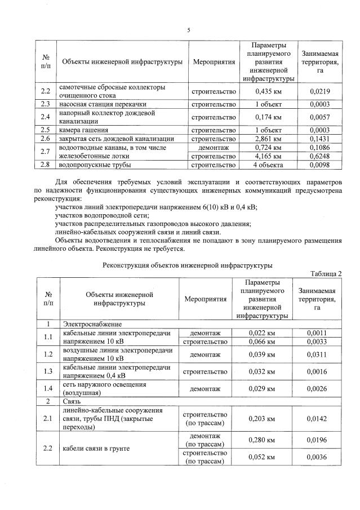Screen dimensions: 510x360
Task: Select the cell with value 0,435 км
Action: (x=268, y=91)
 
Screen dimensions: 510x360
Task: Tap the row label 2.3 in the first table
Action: (x=46, y=104)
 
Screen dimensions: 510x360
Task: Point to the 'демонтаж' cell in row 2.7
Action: (x=214, y=147)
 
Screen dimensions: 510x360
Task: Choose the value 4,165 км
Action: (x=268, y=156)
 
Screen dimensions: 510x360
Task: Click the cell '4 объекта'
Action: (x=268, y=165)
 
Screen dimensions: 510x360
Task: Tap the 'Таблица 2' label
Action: (x=326, y=274)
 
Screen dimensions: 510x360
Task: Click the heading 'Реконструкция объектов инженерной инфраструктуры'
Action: (x=188, y=264)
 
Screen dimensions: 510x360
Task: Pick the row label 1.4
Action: (x=48, y=388)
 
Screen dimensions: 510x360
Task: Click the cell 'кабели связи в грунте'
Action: (x=96, y=449)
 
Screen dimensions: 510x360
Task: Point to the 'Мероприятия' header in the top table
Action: (x=214, y=61)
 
